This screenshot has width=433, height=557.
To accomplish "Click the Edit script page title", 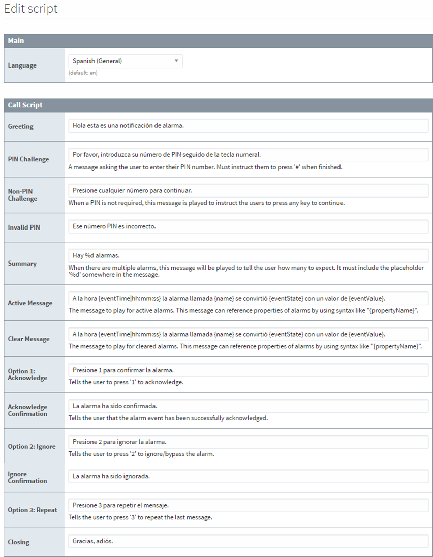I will (31, 9).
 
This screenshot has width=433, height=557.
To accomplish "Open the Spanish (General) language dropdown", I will (125, 61).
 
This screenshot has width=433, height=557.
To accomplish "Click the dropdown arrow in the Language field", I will (176, 61).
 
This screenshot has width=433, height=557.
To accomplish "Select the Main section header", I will (219, 41).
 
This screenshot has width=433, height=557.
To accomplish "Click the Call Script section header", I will (219, 105).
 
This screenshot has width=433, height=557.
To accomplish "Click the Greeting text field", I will (248, 126).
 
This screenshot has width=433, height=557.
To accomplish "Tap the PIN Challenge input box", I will (248, 154).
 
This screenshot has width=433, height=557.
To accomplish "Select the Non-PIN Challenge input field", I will (248, 190).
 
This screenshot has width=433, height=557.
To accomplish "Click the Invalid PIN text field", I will (248, 226).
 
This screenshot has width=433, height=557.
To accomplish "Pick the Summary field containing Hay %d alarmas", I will (248, 255).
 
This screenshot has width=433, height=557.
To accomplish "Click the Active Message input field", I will (248, 298).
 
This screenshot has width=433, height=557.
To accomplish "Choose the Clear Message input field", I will (248, 334).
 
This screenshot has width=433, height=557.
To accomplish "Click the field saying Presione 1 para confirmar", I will (248, 370).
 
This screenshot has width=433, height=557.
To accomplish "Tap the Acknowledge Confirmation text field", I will (248, 406).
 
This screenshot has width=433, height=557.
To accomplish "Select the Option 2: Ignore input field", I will (248, 442).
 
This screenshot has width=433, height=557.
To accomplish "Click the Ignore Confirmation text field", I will (248, 476).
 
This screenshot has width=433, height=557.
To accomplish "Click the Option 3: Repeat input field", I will (248, 506).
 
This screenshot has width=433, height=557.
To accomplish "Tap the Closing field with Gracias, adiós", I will (248, 541).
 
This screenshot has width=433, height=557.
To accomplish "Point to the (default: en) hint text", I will (83, 73).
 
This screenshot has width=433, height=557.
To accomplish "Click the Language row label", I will (22, 65).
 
